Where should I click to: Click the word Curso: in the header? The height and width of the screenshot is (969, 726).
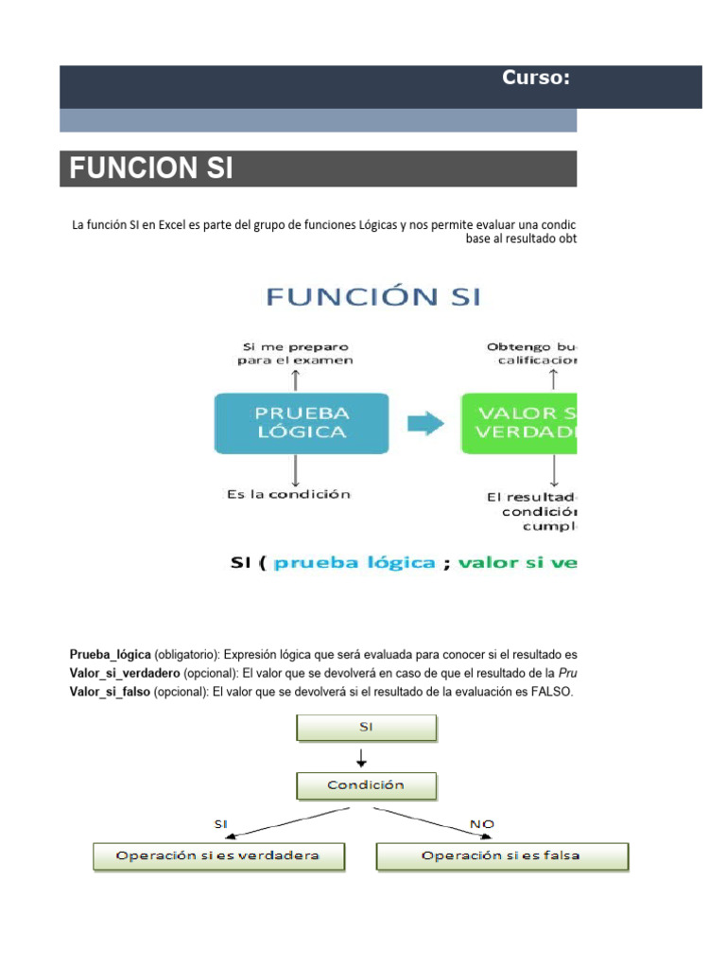tap(535, 78)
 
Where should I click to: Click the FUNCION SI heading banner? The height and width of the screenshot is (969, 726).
tap(318, 169)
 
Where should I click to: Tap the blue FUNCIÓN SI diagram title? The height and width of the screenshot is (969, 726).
tap(373, 296)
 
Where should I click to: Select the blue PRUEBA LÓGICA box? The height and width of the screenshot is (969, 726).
tap(302, 423)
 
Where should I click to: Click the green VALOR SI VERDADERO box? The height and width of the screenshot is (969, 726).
tap(520, 423)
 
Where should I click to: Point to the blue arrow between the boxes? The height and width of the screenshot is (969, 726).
tap(426, 424)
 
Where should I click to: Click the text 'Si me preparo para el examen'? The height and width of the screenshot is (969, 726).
tap(295, 353)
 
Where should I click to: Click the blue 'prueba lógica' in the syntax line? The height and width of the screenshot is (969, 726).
tap(354, 563)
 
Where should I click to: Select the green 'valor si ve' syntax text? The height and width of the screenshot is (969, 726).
tap(516, 563)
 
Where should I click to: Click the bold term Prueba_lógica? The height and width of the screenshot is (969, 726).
tap(110, 654)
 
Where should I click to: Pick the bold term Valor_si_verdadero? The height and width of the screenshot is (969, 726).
tap(124, 673)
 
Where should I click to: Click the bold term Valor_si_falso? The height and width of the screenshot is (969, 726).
tap(110, 692)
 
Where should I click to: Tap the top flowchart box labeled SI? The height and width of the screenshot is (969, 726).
tap(367, 727)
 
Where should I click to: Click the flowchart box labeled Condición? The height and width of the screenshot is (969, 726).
tap(367, 785)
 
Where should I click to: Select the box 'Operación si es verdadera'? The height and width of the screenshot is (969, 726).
tap(218, 856)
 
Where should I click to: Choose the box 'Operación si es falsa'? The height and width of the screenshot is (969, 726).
tap(501, 856)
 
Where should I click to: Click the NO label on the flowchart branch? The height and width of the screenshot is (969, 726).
tap(482, 824)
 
